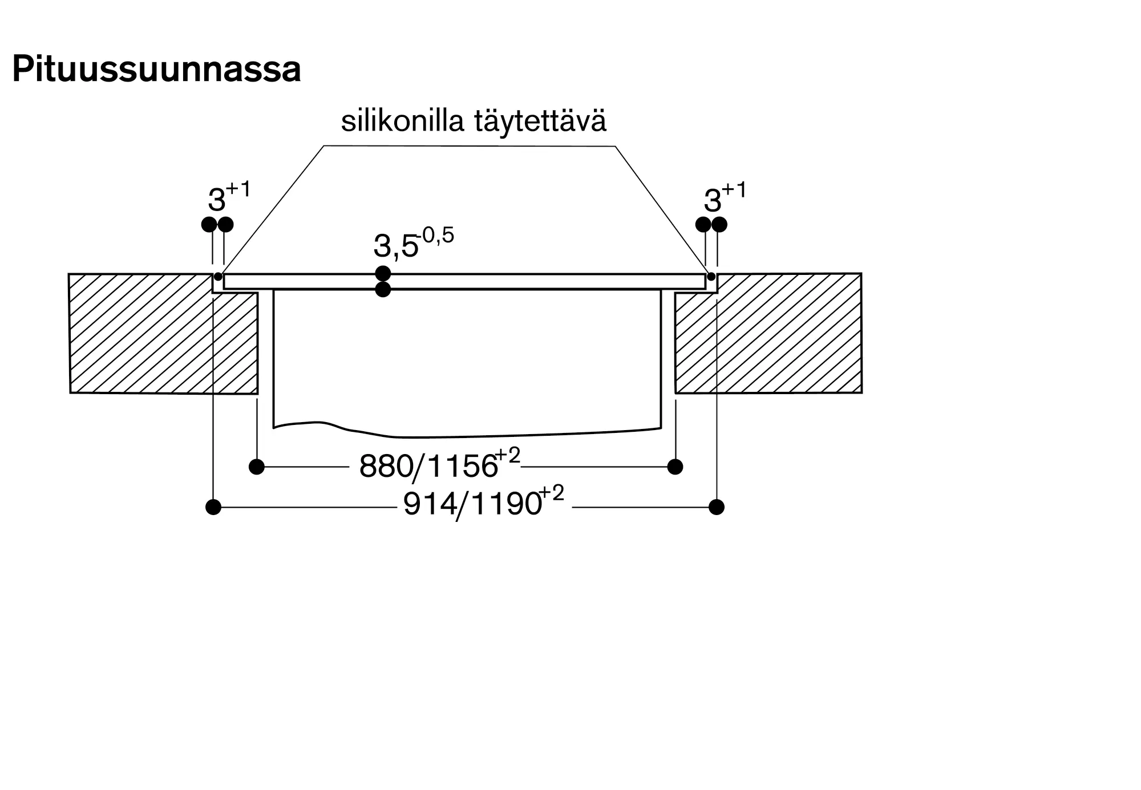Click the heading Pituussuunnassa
click(x=156, y=70)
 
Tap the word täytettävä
click(x=540, y=121)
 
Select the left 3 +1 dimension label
click(x=228, y=197)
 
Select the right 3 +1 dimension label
click(x=724, y=197)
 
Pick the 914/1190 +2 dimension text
click(x=483, y=503)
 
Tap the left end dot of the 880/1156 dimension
click(x=257, y=467)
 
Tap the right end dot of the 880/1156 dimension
click(x=675, y=467)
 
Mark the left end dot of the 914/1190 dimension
click(x=213, y=507)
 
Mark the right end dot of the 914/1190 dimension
click(x=717, y=507)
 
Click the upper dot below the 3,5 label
click(x=383, y=273)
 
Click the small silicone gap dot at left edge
click(x=218, y=277)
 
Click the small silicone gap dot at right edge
click(x=711, y=277)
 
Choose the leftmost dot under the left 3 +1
click(x=209, y=224)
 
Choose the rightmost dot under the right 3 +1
click(x=719, y=224)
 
